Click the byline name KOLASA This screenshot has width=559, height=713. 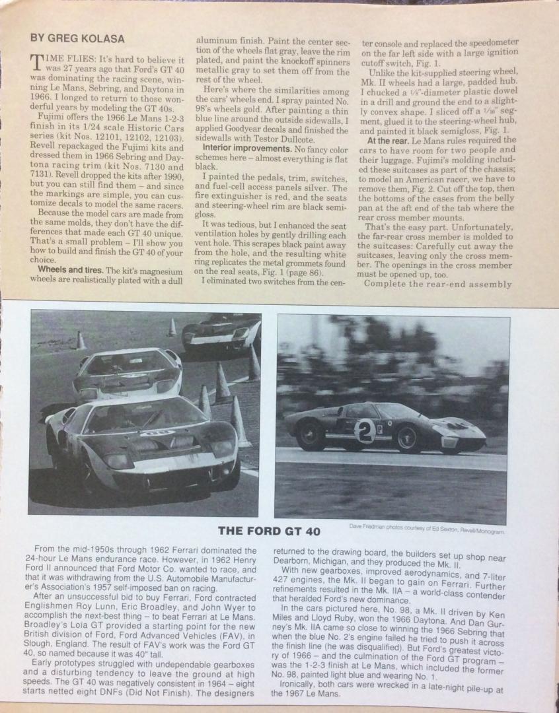point(106,38)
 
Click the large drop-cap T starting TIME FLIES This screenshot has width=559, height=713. point(38,63)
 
